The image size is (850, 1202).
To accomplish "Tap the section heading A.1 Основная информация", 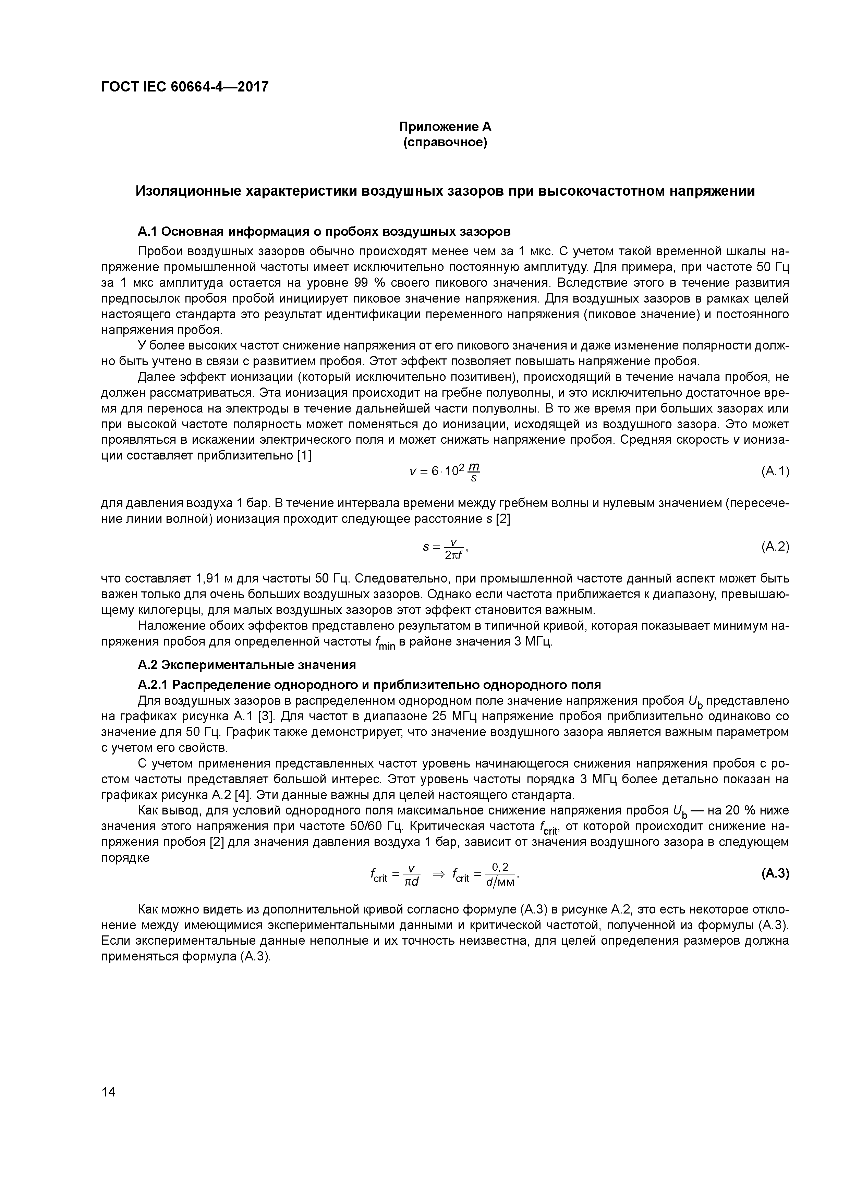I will (324, 231).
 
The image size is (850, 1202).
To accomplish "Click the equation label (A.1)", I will (775, 471).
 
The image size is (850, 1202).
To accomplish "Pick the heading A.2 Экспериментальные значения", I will (247, 665).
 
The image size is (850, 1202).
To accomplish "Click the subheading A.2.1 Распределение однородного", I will (369, 685).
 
